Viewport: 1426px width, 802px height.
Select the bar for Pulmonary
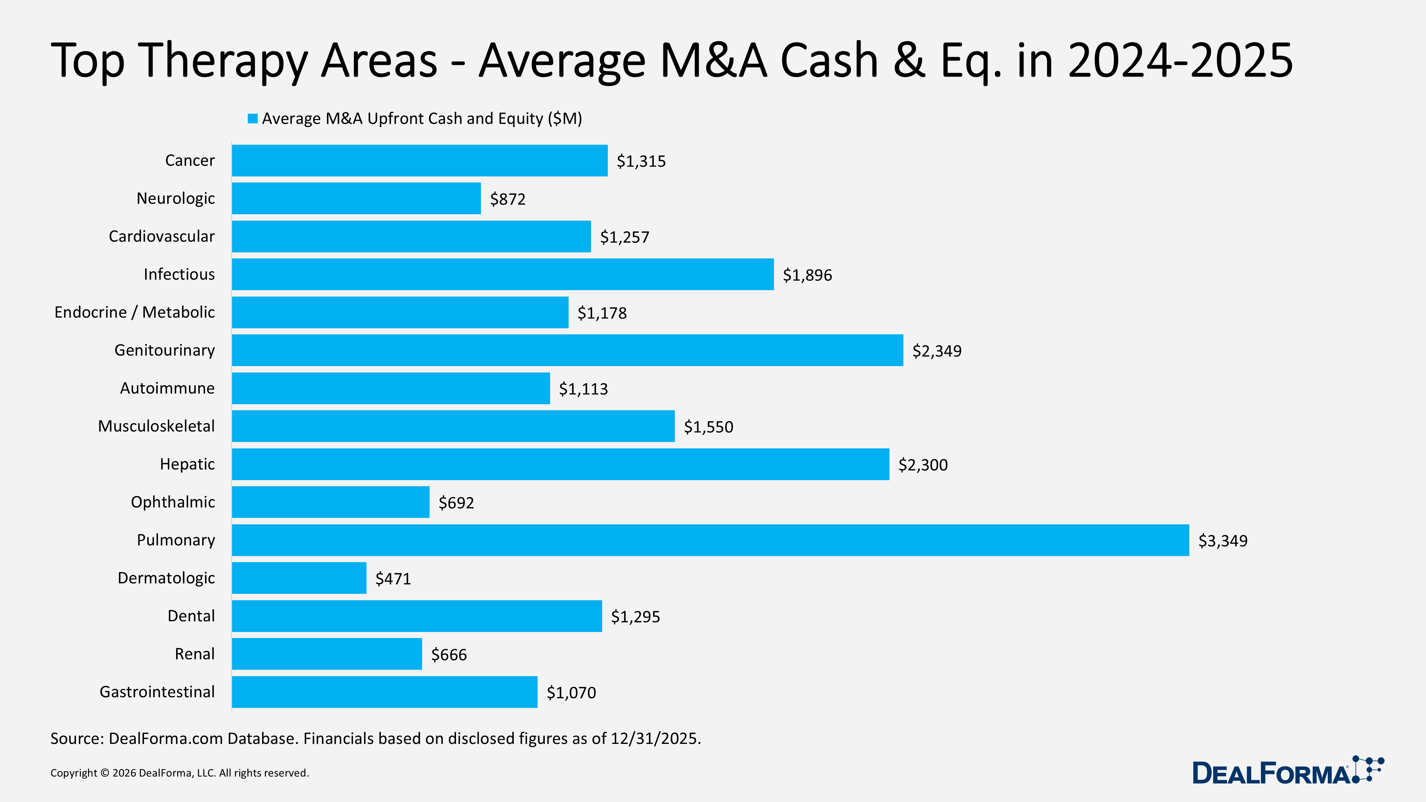click(710, 540)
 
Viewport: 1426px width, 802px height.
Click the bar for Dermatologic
click(299, 578)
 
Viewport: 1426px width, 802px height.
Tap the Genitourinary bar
click(568, 350)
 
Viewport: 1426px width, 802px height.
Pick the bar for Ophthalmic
click(330, 502)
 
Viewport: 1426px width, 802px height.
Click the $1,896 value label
click(807, 275)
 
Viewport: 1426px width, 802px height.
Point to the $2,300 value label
click(923, 465)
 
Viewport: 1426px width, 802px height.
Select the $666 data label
click(449, 655)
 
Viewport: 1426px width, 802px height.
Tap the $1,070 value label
click(571, 693)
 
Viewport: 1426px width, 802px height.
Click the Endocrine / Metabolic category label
click(134, 312)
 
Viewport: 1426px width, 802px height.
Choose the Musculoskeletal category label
click(156, 426)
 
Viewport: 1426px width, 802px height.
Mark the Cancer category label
click(190, 160)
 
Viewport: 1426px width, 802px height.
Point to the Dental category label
click(191, 616)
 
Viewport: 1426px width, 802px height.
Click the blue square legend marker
click(252, 118)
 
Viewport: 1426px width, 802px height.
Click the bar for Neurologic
click(356, 199)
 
